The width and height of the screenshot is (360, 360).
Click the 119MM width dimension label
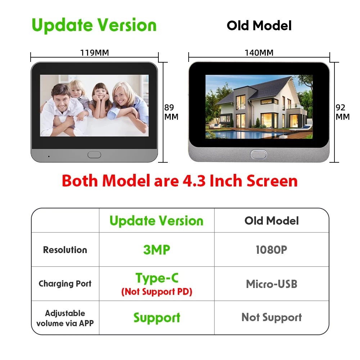[94, 53]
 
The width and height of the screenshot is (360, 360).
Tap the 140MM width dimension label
[259, 53]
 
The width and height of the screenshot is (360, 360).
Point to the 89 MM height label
[171, 112]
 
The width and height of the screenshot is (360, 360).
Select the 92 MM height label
[343, 112]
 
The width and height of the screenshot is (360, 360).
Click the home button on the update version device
[94, 155]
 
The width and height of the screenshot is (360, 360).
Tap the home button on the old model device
[258, 154]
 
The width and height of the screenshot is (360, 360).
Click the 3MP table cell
[157, 250]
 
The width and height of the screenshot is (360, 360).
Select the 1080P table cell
[271, 250]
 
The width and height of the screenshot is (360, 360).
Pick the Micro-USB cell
[271, 284]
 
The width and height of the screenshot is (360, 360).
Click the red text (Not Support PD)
[157, 292]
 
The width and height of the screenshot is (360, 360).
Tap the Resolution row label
[65, 250]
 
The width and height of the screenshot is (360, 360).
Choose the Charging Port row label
[65, 284]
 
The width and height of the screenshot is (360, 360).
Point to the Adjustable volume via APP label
[65, 318]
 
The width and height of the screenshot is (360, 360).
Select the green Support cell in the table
[157, 318]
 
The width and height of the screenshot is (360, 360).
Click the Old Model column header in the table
[271, 221]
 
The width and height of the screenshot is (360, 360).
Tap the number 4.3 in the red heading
[194, 181]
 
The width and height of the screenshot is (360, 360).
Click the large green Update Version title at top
[94, 25]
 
